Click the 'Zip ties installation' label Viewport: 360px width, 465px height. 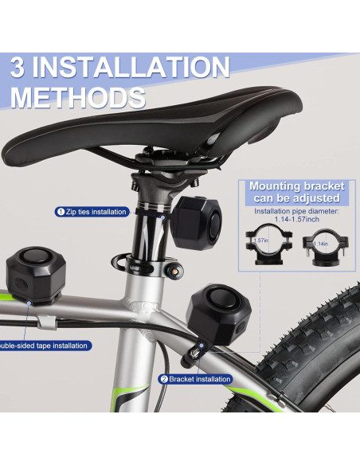coord(96,212)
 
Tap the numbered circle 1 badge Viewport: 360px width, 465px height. coord(60,212)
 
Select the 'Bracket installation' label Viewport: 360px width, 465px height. coord(199,380)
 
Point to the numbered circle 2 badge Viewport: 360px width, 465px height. coord(163,380)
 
